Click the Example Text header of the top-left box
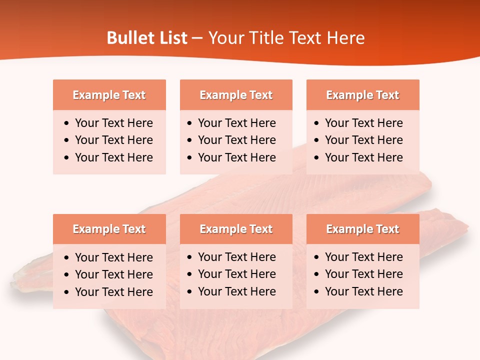pyautogui.click(x=109, y=95)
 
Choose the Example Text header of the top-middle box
pyautogui.click(x=236, y=95)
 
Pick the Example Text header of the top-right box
pyautogui.click(x=362, y=95)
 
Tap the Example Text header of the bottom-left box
pyautogui.click(x=109, y=229)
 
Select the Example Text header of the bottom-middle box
pyautogui.click(x=236, y=229)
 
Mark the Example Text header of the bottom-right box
pyautogui.click(x=362, y=229)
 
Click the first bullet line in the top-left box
pyautogui.click(x=113, y=123)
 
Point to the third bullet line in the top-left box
pyautogui.click(x=113, y=157)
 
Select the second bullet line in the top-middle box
pyautogui.click(x=236, y=140)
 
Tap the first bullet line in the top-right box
pyautogui.click(x=363, y=123)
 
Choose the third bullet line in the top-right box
pyautogui.click(x=363, y=157)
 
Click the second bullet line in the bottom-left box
pyautogui.click(x=113, y=274)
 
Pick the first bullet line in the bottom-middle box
pyautogui.click(x=236, y=257)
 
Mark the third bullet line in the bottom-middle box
pyautogui.click(x=236, y=291)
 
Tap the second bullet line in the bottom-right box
pyautogui.click(x=363, y=274)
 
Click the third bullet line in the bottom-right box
pyautogui.click(x=363, y=291)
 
